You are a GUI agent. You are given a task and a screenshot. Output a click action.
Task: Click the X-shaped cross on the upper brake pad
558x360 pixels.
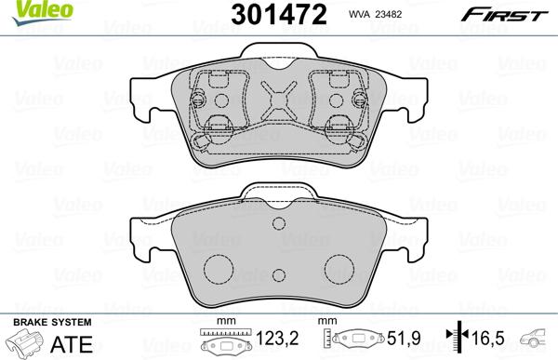click(x=280, y=100)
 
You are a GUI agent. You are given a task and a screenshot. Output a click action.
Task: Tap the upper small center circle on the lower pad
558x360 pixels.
click(x=278, y=224)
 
